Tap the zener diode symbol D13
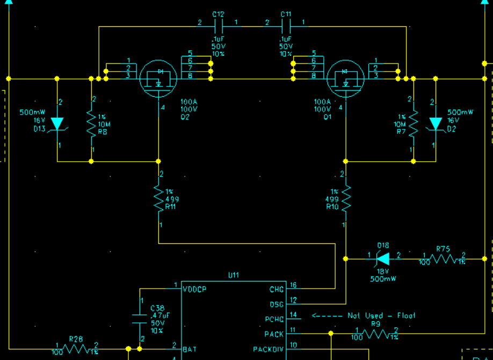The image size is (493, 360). click(57, 124)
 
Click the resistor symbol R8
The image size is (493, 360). click(91, 124)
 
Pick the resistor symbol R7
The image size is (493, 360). click(414, 124)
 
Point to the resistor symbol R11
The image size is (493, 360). click(158, 198)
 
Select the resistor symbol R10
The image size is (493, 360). click(346, 198)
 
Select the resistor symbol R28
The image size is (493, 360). click(76, 348)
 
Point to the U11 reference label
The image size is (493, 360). click(234, 276)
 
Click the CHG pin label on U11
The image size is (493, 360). click(277, 290)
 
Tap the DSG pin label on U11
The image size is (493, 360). click(277, 305)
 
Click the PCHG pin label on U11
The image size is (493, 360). click(274, 320)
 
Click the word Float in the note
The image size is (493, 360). click(406, 316)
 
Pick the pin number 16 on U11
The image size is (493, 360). click(293, 285)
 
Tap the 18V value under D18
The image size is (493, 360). click(382, 271)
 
